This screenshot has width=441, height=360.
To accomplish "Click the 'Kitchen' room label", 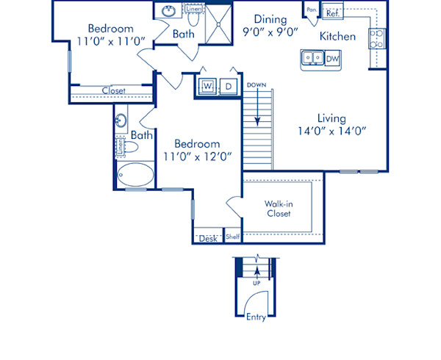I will pos(338,36).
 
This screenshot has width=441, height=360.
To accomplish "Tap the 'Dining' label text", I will pos(270,19).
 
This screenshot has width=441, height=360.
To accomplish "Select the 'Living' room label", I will pos(331,118).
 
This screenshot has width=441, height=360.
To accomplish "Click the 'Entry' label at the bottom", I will pos(257,317).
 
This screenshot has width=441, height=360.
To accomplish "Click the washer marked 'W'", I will pos(207,87).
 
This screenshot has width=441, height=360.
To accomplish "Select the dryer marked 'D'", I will pos(229,87).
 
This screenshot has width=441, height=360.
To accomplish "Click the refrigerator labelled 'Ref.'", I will pos(332,12).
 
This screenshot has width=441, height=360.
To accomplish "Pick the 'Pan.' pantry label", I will pos(312,10).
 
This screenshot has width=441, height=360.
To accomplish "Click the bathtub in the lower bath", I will pos(135,176).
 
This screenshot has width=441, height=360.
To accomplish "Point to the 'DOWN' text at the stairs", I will pos(257,85).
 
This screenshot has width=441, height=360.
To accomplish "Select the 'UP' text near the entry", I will pos(257,282).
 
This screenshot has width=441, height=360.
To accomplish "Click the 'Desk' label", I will pos(207,238).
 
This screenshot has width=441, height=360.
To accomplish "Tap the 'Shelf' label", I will pos(232,237).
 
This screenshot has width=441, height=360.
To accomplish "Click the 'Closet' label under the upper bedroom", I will pos(113,91).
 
